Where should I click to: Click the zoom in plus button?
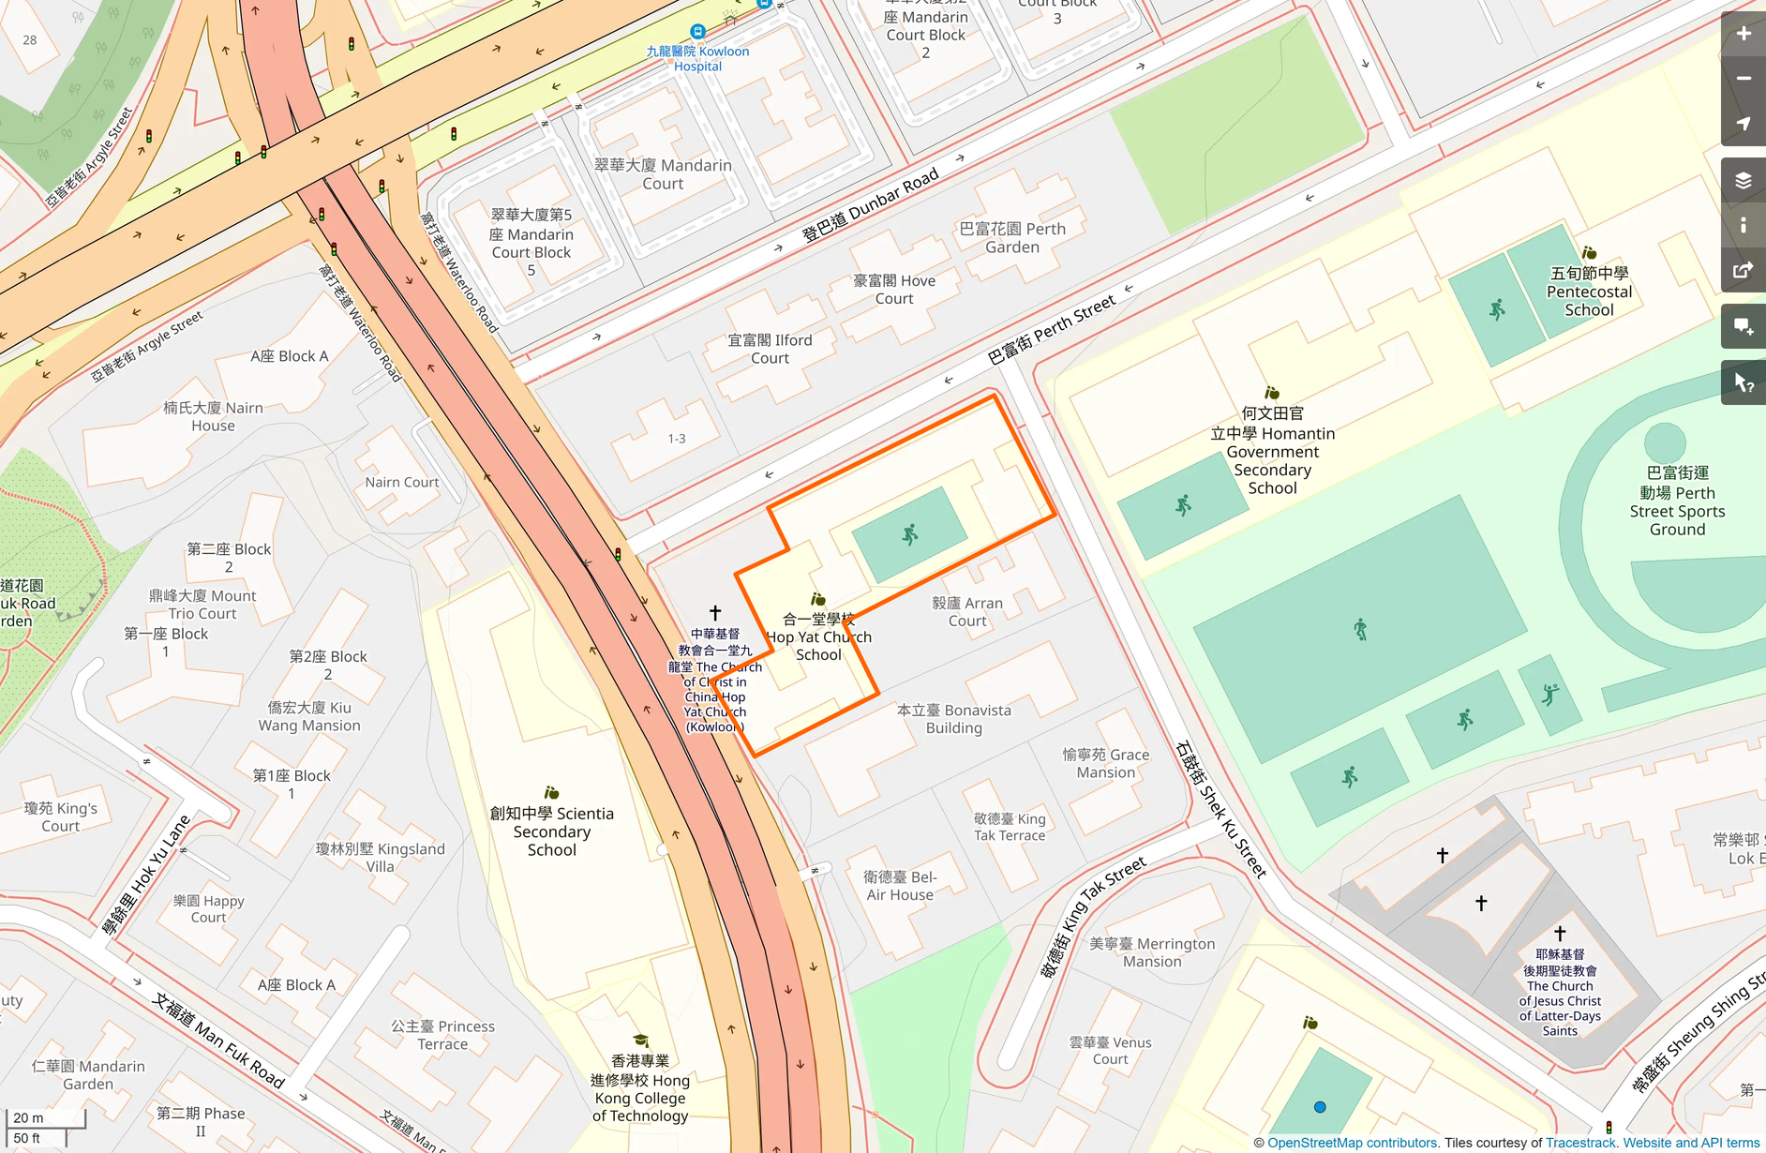click(1743, 34)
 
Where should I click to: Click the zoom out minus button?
click(1743, 79)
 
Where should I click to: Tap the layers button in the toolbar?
click(1743, 181)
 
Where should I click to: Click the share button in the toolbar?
click(1743, 271)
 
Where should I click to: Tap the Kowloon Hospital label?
click(697, 58)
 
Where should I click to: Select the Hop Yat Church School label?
click(818, 636)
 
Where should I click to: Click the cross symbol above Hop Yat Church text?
click(715, 612)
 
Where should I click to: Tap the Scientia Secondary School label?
click(551, 831)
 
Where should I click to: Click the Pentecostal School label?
click(1589, 292)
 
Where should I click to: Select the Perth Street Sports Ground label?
click(1677, 502)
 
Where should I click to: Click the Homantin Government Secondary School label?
click(1272, 451)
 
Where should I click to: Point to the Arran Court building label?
click(967, 611)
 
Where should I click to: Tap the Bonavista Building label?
click(953, 719)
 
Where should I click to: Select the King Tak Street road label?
click(1095, 917)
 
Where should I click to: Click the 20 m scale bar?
click(46, 1118)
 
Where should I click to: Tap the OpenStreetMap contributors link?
click(1353, 1143)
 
